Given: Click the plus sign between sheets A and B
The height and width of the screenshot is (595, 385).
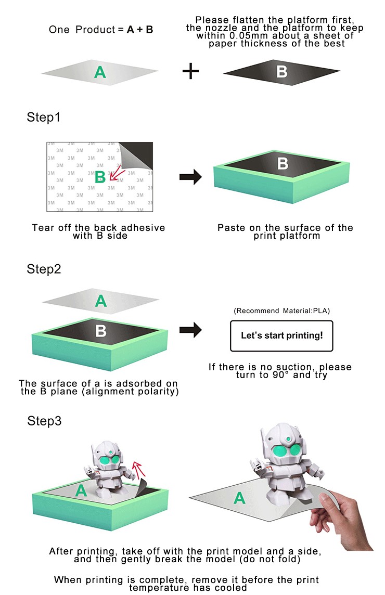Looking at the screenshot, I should point(191,71).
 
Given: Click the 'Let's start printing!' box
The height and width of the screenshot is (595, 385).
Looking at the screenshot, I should point(281,335).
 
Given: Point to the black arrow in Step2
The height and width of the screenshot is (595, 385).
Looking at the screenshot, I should point(190,329).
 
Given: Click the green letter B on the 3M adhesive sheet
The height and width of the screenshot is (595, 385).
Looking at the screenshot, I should point(100,177).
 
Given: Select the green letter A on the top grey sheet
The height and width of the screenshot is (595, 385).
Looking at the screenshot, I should point(100,72).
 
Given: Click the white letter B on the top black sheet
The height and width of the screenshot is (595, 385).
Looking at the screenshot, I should point(281,71).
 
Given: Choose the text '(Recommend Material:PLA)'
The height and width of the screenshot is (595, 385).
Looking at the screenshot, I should point(281,311).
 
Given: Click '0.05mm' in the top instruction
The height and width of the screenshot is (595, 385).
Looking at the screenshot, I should point(238,36).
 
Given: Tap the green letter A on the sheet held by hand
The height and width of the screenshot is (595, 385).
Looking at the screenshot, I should point(239,498).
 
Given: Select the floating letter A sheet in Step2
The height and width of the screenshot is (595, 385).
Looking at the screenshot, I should point(101,300).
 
